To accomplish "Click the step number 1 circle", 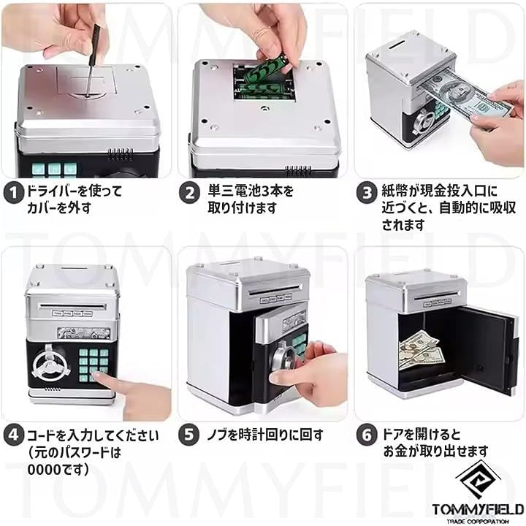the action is [x=13, y=193].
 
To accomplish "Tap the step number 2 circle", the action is [x=189, y=193].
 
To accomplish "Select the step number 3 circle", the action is [x=366, y=193].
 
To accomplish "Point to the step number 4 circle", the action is [x=13, y=435].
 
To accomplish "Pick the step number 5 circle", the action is [x=189, y=435].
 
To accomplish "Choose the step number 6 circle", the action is [x=366, y=435].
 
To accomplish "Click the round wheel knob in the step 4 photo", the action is [x=50, y=365].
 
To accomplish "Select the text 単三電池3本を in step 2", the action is [x=251, y=191].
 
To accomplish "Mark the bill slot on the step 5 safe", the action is [x=275, y=289].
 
